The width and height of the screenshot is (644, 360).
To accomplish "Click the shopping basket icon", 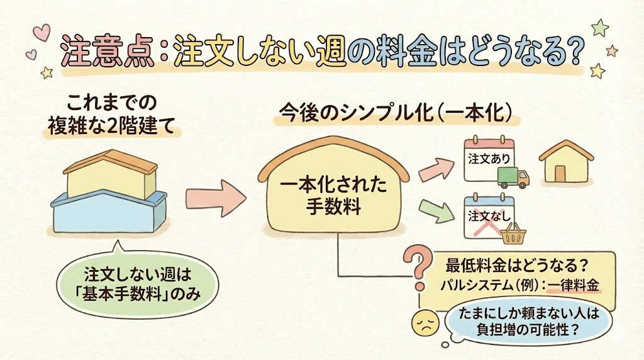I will coord(513,235).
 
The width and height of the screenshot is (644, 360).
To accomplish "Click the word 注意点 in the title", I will coord(104,52).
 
